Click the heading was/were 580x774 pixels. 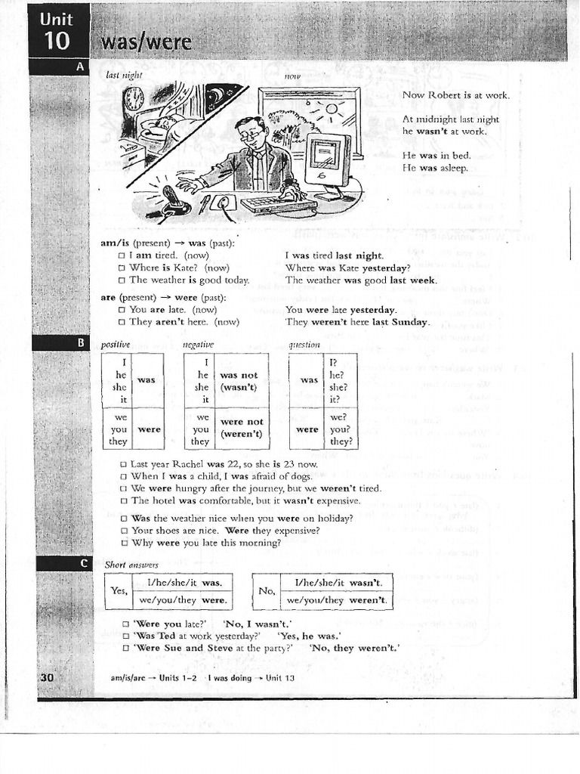pos(143,42)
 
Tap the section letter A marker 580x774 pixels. pos(79,67)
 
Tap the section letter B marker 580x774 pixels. pos(80,343)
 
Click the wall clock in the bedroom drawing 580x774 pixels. pos(134,98)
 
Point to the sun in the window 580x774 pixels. pos(331,110)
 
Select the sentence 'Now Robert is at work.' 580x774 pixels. pos(455,95)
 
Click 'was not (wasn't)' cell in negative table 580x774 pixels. pos(238,381)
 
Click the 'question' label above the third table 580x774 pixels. pos(305,345)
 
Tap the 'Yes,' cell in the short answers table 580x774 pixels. pos(117,591)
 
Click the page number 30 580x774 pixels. pos(47,678)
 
